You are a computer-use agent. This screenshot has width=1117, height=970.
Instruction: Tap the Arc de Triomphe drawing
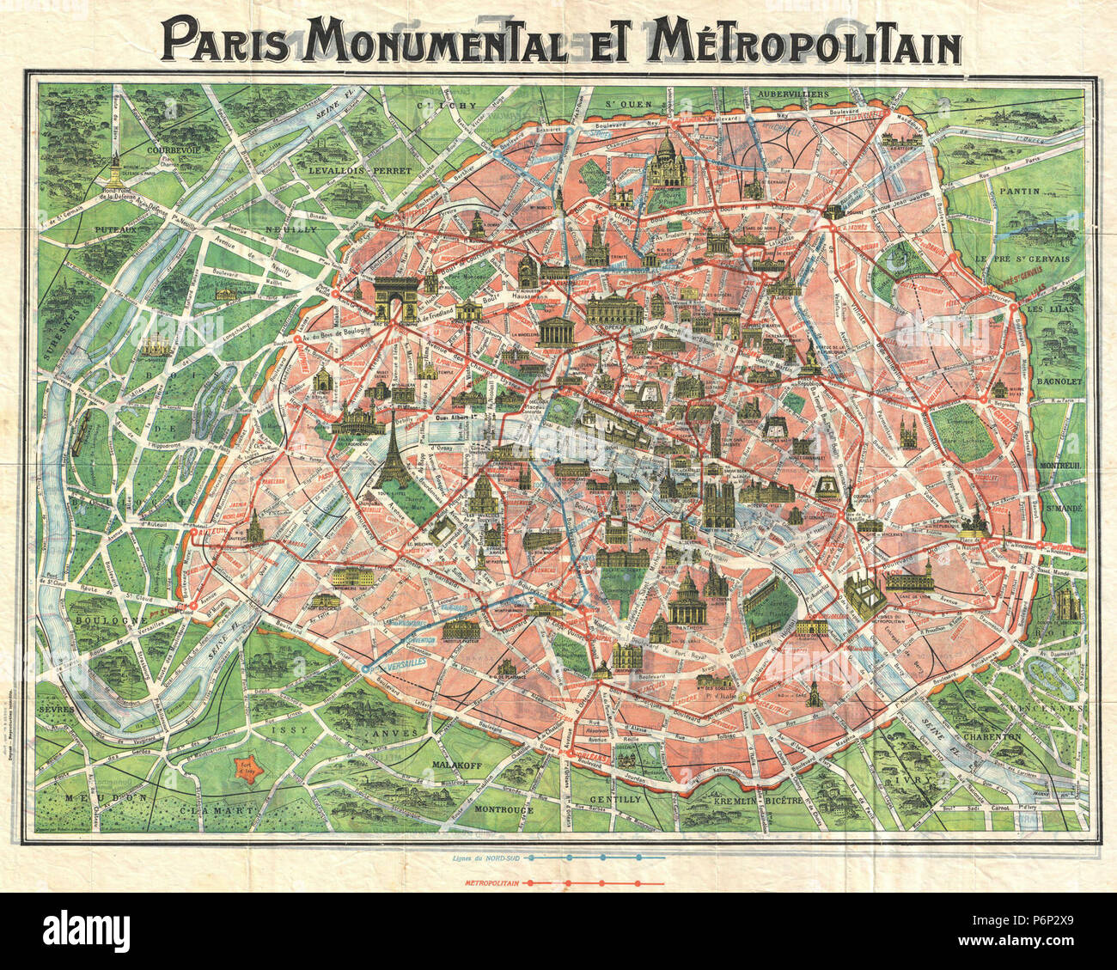click(x=396, y=297)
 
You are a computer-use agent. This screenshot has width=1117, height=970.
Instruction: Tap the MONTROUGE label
click(x=504, y=809)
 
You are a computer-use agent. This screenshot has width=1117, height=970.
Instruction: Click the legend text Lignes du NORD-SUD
click(x=485, y=857)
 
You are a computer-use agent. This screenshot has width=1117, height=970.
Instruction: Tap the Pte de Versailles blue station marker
click(x=367, y=668)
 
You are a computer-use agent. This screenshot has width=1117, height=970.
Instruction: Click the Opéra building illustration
click(x=614, y=308)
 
